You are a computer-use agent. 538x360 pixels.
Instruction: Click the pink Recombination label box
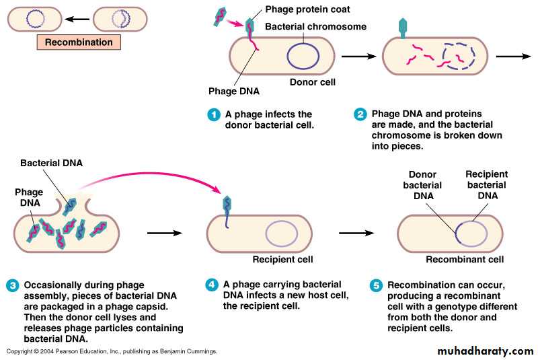point(79,42)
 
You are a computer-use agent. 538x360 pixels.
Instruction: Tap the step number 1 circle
point(213,114)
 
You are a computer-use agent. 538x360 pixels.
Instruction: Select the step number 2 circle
point(360,114)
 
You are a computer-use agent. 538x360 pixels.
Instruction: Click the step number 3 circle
point(13,285)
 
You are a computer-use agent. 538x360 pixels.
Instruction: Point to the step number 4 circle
point(212,285)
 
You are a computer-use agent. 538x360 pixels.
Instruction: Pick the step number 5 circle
point(376,285)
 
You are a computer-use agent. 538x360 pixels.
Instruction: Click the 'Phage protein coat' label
point(307,9)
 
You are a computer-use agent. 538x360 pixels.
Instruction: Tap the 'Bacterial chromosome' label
point(315,26)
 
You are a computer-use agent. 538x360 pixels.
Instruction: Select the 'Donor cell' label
point(312,82)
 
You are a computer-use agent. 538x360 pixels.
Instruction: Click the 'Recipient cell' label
point(282,259)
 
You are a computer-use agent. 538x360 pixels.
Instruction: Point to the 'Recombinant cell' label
point(465,259)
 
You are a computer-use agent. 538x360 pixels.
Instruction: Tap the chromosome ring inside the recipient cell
point(281,233)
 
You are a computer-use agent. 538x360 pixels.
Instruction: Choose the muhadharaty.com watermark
point(485,351)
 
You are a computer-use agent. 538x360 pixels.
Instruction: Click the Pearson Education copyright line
point(112,352)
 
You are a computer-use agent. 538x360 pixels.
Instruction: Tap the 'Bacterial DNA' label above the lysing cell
point(47,163)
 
